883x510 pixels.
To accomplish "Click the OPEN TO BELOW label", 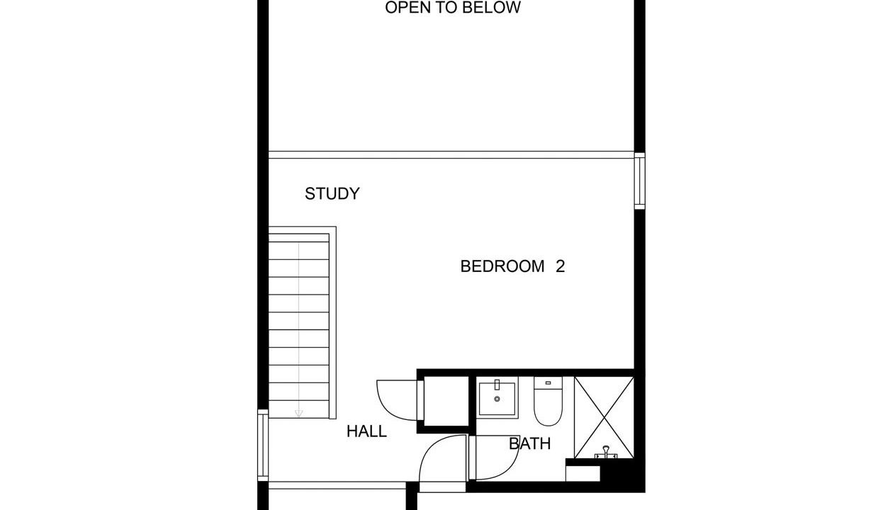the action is [x=453, y=8].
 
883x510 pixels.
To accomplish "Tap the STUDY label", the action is [x=332, y=193].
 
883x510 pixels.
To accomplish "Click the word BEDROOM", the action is [x=502, y=266].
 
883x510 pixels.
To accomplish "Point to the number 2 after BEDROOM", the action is [x=560, y=266].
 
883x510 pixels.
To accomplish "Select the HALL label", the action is [x=366, y=431].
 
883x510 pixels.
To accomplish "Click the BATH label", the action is [x=529, y=444].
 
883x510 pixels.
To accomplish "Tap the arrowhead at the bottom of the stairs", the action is [x=299, y=414].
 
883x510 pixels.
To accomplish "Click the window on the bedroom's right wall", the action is [x=639, y=181].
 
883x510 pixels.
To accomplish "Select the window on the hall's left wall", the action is [x=263, y=445].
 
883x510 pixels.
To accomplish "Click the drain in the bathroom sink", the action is [x=497, y=399].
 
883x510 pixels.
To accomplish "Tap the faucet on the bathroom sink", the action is [x=497, y=385].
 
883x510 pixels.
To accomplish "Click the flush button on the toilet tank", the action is [x=548, y=382].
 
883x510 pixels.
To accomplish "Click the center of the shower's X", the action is [x=604, y=417].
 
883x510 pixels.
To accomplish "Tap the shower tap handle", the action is [x=606, y=451].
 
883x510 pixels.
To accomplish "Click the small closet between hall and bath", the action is [x=446, y=401].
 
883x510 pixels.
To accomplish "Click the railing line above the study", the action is [x=451, y=155].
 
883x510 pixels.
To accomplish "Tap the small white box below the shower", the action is [x=583, y=473].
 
